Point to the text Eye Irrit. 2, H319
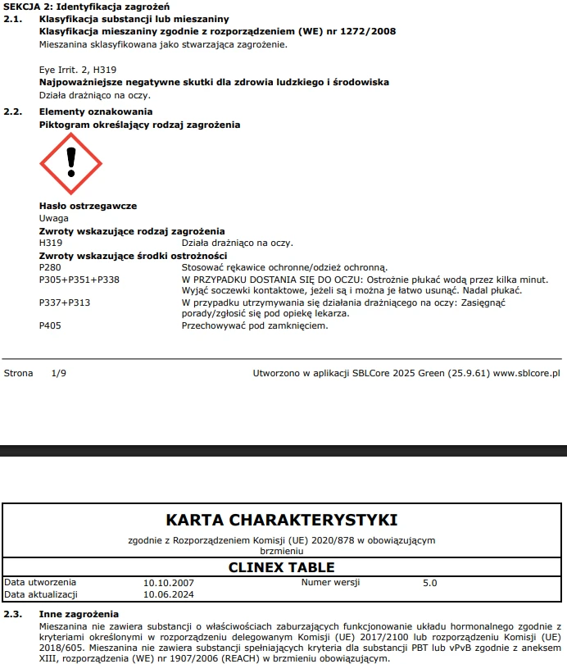(74, 70)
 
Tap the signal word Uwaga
(54, 218)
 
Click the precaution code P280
(50, 268)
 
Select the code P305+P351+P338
(79, 280)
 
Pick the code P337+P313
(65, 302)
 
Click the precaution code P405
(50, 325)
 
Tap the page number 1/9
(58, 373)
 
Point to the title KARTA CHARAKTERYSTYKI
(282, 520)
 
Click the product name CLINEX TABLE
(281, 567)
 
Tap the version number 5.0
(429, 583)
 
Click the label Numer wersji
(328, 583)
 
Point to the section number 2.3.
(12, 613)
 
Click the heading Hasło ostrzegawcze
(88, 206)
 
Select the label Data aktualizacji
(41, 594)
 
